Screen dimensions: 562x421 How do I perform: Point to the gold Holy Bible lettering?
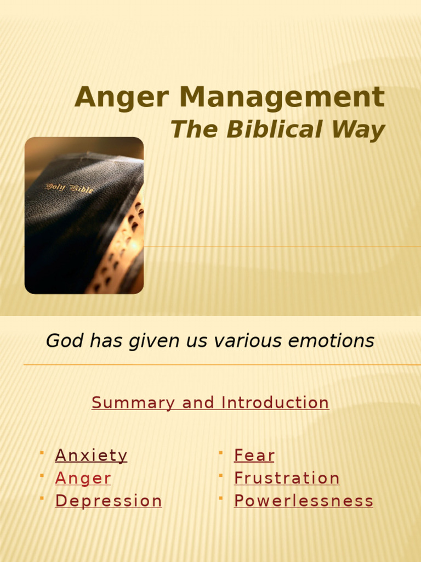tap(69, 188)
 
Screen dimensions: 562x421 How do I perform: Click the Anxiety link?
tap(91, 456)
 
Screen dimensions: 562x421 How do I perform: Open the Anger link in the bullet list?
tap(83, 479)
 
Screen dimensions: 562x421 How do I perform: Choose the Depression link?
tap(109, 501)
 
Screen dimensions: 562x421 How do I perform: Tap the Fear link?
tap(254, 456)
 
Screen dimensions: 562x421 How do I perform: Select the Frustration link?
tap(287, 478)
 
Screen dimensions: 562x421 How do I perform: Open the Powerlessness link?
tap(304, 501)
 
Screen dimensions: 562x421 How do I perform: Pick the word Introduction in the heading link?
tap(275, 403)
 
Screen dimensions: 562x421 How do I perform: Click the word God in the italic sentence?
tap(59, 341)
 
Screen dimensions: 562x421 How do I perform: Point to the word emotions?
tap(333, 341)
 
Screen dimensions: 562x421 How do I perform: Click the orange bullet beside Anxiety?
tap(42, 452)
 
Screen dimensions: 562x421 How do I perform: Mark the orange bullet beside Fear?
tap(220, 452)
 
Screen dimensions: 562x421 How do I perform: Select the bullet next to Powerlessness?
tap(220, 497)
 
